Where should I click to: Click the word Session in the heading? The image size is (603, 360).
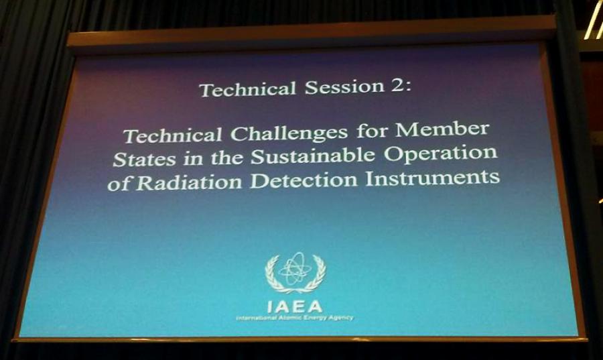click(344, 87)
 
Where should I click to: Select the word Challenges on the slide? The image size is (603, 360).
click(289, 133)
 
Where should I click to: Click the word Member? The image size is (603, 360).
click(442, 129)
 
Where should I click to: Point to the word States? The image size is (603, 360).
click(145, 159)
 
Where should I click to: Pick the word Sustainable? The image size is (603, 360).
click(313, 156)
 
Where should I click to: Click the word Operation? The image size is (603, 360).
click(440, 153)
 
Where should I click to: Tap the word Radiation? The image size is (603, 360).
click(190, 182)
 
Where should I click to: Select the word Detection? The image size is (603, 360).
click(304, 180)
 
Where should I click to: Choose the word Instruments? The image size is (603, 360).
click(433, 178)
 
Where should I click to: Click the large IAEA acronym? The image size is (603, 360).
click(295, 306)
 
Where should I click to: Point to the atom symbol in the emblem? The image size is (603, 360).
click(294, 269)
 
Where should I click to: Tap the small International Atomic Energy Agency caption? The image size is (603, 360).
click(294, 318)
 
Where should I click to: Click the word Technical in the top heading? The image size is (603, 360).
click(248, 89)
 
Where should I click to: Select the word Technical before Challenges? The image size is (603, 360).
click(173, 135)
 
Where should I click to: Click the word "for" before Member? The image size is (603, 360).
click(372, 131)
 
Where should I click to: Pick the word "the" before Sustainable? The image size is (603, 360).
click(227, 158)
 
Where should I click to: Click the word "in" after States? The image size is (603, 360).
click(194, 158)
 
